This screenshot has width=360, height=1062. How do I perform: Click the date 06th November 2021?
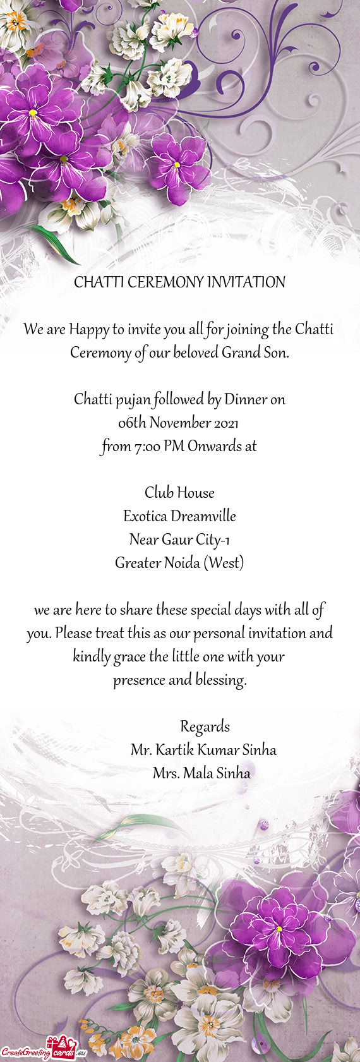click(x=178, y=423)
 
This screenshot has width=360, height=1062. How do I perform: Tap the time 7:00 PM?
click(x=158, y=446)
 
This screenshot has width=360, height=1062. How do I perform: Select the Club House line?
click(x=179, y=493)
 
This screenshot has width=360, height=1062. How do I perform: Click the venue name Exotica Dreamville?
click(x=179, y=516)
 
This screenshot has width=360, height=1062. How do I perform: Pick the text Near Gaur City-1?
click(x=179, y=540)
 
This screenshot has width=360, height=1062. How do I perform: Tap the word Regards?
click(x=205, y=727)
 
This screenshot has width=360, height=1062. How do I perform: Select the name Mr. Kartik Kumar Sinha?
click(x=203, y=750)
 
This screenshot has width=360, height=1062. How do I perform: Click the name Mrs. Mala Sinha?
click(x=201, y=773)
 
